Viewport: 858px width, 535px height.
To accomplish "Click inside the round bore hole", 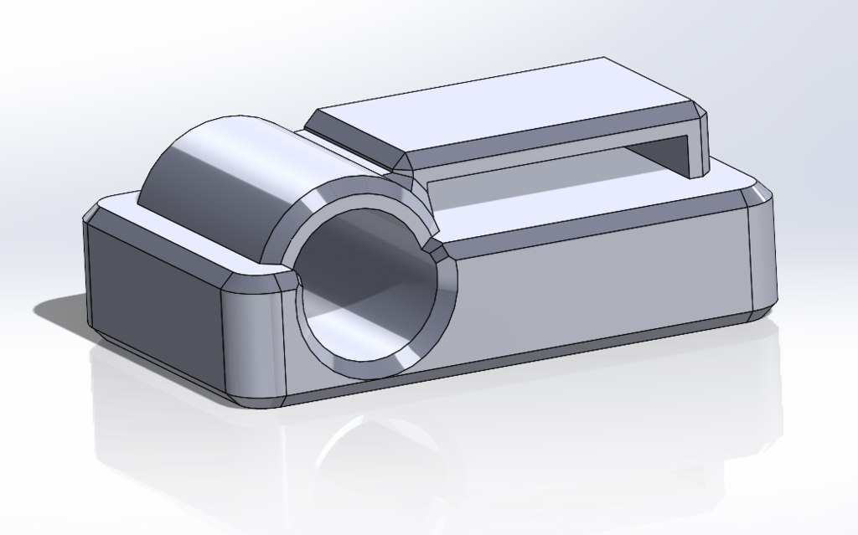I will tap(369, 285).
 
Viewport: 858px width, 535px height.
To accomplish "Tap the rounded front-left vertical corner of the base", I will tap(251, 335).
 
